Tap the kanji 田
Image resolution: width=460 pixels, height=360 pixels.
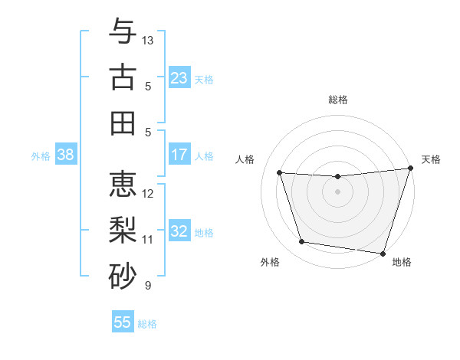pos(123,123)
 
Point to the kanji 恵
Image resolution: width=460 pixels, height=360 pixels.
pos(123,185)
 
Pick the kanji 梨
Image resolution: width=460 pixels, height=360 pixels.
pos(123,231)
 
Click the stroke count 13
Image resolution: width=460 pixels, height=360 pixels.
pos(148,40)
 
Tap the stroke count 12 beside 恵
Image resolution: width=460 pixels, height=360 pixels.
pos(148,194)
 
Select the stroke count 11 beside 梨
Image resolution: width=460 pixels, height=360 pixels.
pos(148,240)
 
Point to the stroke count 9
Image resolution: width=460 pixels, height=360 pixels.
pos(148,286)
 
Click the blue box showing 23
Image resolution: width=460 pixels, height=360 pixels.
pos(179,77)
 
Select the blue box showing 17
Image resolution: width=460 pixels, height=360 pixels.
pos(179,155)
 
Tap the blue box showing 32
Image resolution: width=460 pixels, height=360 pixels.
pos(179,231)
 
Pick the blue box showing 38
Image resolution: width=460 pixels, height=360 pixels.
pos(65,155)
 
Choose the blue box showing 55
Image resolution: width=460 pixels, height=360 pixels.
pos(123,322)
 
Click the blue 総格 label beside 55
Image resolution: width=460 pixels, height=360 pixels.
pos(147,324)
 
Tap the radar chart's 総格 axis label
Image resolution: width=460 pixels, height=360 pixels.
pos(337,100)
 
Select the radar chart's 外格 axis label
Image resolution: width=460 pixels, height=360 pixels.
pos(270,262)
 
